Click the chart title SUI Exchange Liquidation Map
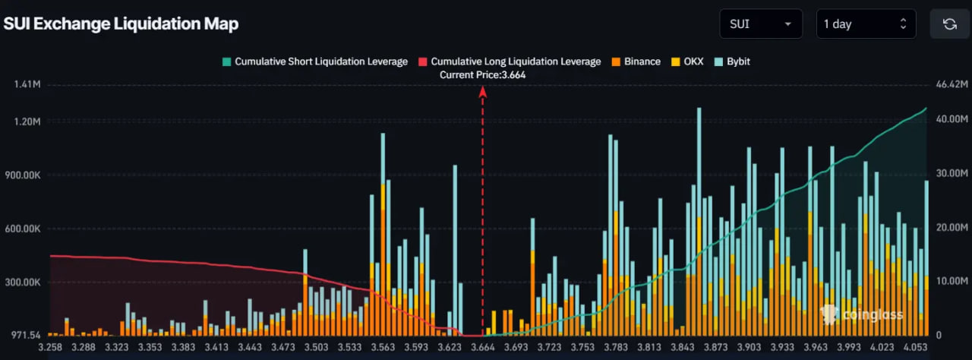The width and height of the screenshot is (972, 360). (x=121, y=24)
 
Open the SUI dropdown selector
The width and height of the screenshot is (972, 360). (x=760, y=24)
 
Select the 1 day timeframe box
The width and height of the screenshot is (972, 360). (x=865, y=24)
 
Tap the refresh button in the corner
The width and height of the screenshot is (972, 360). (x=949, y=24)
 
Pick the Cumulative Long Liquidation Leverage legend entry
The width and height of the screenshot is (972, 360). (x=510, y=62)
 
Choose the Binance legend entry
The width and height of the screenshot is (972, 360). (x=636, y=62)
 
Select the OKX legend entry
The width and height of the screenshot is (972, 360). (x=686, y=62)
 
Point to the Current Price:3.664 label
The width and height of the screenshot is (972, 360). (x=483, y=74)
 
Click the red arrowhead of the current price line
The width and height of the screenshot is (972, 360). (x=482, y=92)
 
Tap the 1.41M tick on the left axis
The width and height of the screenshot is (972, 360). (x=27, y=84)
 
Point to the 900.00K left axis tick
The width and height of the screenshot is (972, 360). (x=22, y=175)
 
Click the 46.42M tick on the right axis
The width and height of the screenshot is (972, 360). (x=951, y=84)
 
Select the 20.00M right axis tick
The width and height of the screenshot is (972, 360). (x=951, y=228)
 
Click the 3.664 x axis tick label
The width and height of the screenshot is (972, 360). (x=483, y=347)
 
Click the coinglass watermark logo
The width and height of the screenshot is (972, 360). (x=863, y=314)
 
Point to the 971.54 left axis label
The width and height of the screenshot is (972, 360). (x=24, y=335)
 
